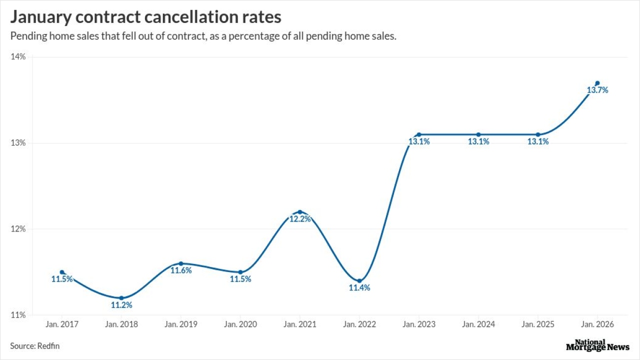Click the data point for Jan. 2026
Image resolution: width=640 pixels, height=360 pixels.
pyautogui.click(x=597, y=83)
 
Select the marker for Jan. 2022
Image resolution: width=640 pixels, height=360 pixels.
pyautogui.click(x=359, y=281)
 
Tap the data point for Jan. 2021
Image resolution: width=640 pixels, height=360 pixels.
pyautogui.click(x=300, y=212)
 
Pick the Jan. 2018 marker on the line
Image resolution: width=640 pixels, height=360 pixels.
pyautogui.click(x=121, y=298)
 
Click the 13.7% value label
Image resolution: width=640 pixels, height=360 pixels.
pyautogui.click(x=597, y=90)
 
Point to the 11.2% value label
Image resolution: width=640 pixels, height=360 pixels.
pyautogui.click(x=121, y=305)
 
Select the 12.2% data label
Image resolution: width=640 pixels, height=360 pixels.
pyautogui.click(x=300, y=219)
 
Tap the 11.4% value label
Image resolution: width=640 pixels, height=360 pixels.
pyautogui.click(x=359, y=288)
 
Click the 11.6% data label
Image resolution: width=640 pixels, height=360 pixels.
pyautogui.click(x=181, y=270)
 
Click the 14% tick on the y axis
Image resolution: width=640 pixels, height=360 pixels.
pyautogui.click(x=18, y=57)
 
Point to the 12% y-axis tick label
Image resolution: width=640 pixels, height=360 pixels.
pyautogui.click(x=18, y=229)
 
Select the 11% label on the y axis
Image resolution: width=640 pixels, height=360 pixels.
pyautogui.click(x=18, y=315)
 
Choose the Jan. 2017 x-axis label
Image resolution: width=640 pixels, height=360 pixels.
pyautogui.click(x=62, y=324)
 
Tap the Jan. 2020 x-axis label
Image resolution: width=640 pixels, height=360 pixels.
pyautogui.click(x=240, y=324)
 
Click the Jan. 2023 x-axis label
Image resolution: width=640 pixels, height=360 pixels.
pyautogui.click(x=419, y=324)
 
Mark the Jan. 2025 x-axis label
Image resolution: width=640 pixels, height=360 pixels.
pyautogui.click(x=538, y=324)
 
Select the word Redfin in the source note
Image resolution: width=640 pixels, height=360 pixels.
pyautogui.click(x=49, y=346)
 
